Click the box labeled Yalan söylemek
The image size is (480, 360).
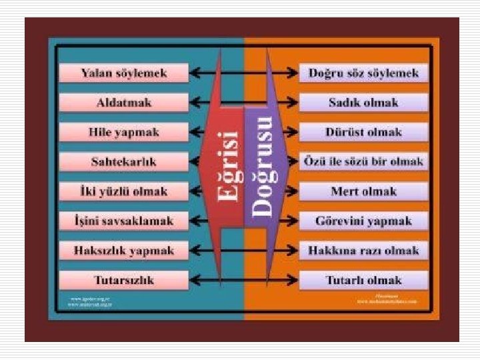(123, 73)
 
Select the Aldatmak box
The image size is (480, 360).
(123, 103)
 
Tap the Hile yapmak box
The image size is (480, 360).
(123, 132)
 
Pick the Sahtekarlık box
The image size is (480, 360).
(123, 162)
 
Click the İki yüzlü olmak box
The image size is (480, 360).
(123, 191)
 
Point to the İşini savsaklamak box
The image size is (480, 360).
(123, 221)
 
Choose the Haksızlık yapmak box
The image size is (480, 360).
(123, 251)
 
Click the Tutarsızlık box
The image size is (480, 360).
(123, 280)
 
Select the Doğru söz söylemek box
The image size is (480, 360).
(363, 73)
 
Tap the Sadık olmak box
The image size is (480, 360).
(363, 103)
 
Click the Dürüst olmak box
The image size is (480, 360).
(363, 132)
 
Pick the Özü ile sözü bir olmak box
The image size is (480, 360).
(363, 162)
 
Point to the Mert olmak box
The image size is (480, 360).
(363, 191)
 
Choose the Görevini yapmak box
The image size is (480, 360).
(363, 221)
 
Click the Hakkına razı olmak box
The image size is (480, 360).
(363, 251)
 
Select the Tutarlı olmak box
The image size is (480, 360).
(363, 280)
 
